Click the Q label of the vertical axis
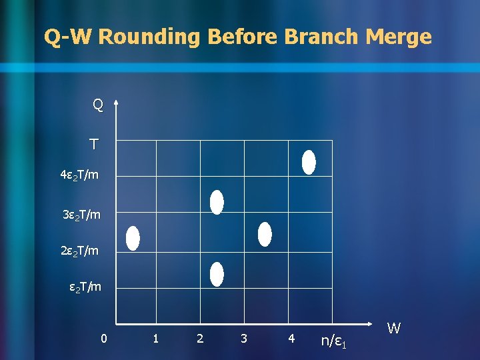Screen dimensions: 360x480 pyautogui.click(x=98, y=105)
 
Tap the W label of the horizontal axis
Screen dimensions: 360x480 pyautogui.click(x=394, y=328)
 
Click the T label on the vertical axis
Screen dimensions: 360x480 pyautogui.click(x=94, y=144)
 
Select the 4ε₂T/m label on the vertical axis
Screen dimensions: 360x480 pyautogui.click(x=79, y=175)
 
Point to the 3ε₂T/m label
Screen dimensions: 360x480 pyautogui.click(x=81, y=215)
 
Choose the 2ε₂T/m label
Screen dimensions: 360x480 pyautogui.click(x=80, y=251)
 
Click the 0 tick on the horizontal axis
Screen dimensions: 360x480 pyautogui.click(x=103, y=339)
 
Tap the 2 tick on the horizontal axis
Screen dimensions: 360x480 pyautogui.click(x=200, y=339)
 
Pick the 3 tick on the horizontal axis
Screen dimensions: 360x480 pyautogui.click(x=244, y=339)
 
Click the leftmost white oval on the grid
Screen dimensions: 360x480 pyautogui.click(x=133, y=238)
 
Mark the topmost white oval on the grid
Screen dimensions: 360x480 pyautogui.click(x=309, y=162)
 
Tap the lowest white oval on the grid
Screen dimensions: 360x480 pyautogui.click(x=217, y=274)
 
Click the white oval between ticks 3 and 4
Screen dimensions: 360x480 pyautogui.click(x=265, y=234)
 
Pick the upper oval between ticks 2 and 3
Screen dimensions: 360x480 pyautogui.click(x=217, y=202)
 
